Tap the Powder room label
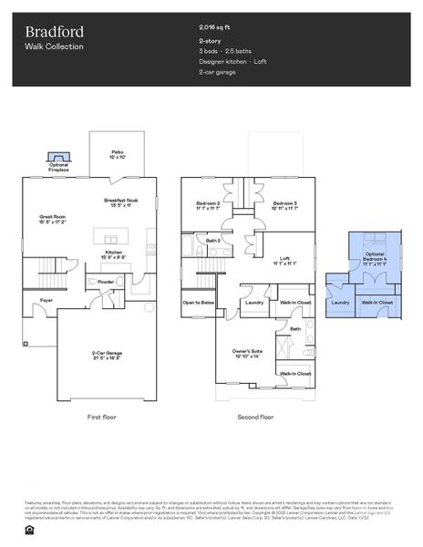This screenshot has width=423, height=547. coord(105,282)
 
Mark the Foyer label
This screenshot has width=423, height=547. coord(46,299)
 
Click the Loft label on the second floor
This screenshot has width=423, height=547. coord(285,259)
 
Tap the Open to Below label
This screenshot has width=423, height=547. coord(198,302)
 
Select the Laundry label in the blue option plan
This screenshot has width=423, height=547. coord(340,302)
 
